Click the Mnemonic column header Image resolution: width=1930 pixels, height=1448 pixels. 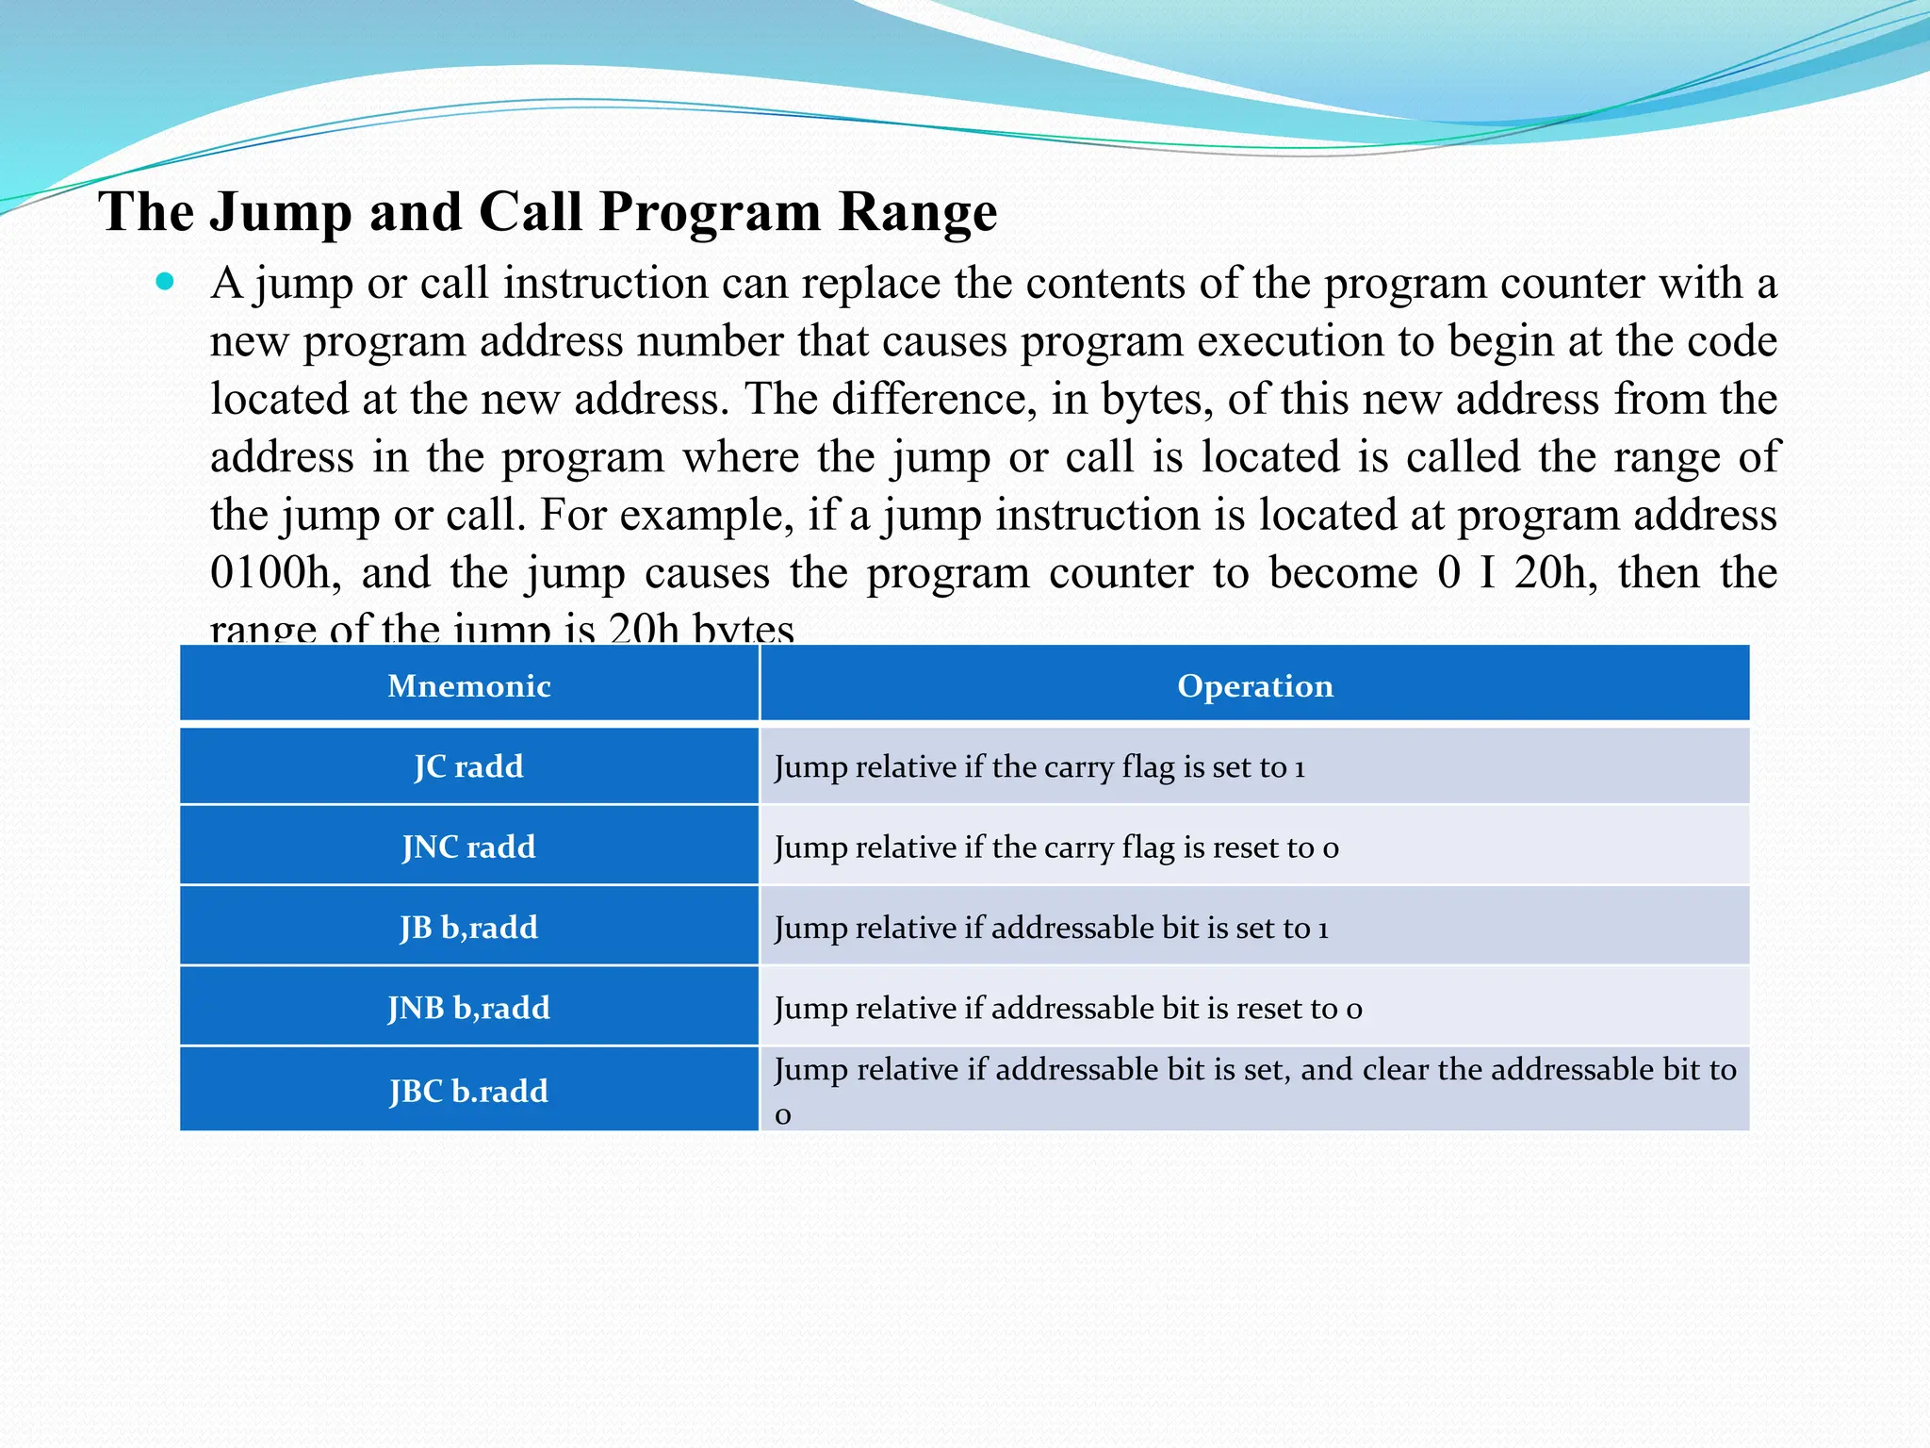(x=468, y=685)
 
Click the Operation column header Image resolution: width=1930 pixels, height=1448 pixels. (x=1254, y=685)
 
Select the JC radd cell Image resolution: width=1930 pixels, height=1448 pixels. (x=468, y=765)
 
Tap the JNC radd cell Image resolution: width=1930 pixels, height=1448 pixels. (x=468, y=847)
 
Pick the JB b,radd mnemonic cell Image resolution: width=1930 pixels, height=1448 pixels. (x=468, y=927)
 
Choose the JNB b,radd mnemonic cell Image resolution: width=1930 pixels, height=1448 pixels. (x=468, y=1008)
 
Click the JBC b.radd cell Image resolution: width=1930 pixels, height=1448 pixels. (x=468, y=1091)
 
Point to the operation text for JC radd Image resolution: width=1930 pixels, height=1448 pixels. (x=1039, y=766)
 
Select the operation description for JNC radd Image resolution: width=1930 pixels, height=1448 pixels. (x=1055, y=847)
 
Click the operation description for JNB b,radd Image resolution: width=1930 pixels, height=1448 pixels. (x=1068, y=1009)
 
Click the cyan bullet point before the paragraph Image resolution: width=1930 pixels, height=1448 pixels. (x=166, y=281)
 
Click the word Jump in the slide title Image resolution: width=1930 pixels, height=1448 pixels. (x=281, y=212)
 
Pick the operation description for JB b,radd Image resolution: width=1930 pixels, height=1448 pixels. (x=1051, y=928)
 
